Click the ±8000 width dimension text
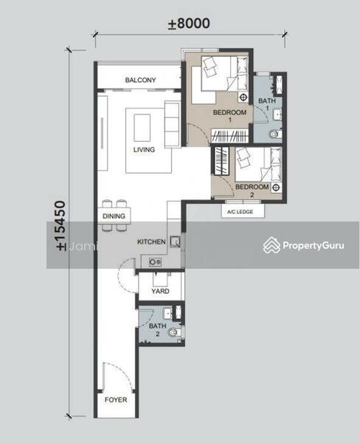189,24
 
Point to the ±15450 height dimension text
61,225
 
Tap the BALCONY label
140,80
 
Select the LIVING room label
144,149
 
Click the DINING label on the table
114,216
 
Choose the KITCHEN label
151,242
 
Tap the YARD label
160,291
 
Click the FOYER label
116,399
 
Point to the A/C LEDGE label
240,212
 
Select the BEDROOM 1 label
230,116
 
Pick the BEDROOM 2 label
252,190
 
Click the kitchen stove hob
156,262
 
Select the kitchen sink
175,241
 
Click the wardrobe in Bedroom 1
230,136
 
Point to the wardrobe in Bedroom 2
221,160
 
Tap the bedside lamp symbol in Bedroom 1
243,97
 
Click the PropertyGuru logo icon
271,245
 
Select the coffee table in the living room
142,128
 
